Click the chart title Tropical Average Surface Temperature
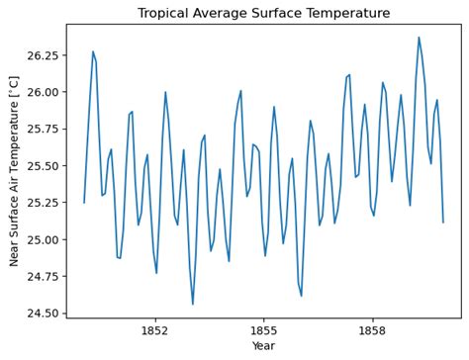(x=263, y=13)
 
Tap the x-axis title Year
(x=263, y=347)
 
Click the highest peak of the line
(x=419, y=38)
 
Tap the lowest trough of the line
(x=193, y=304)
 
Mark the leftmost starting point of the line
(x=84, y=202)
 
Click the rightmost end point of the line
(x=443, y=222)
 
